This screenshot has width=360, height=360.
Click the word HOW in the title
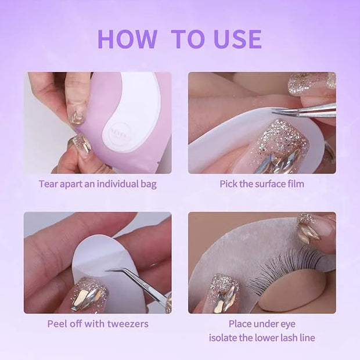coord(127,39)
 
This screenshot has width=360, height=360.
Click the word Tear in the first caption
coord(47,184)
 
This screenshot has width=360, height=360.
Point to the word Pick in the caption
coord(228,184)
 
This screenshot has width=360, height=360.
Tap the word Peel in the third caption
coord(56,324)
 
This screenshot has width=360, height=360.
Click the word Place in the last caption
coord(239,324)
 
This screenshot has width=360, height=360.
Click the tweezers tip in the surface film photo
coord(273,112)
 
